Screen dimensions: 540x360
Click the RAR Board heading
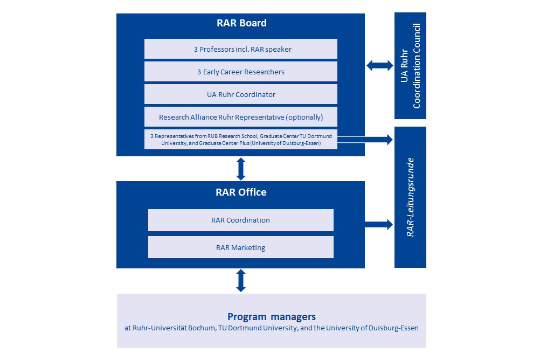241,23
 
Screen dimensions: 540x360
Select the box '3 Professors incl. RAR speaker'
241,49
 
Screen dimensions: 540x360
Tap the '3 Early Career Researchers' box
241,72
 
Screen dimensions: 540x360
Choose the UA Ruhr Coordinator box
241,94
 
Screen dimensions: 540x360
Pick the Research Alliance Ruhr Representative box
241,117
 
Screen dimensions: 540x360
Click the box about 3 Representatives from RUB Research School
241,140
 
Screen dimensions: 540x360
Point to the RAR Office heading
241,192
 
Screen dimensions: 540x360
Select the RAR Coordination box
241,220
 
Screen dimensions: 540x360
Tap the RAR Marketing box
241,247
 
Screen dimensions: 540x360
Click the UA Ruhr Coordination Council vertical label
411,66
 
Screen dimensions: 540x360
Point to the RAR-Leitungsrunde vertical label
410,197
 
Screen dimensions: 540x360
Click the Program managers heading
272,316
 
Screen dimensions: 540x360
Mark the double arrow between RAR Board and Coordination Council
379,65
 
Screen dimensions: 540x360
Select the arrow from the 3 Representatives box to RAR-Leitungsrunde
365,140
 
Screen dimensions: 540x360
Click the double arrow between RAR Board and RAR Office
241,169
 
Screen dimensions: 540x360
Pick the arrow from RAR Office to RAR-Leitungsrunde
379,225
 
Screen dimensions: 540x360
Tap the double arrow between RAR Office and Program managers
241,281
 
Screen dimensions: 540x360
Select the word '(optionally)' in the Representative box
304,117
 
